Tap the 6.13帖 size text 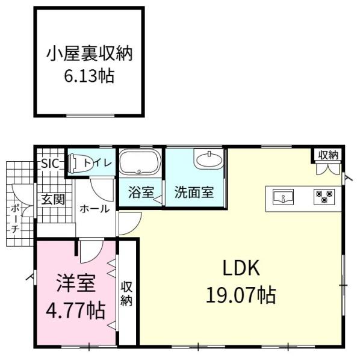point(89,76)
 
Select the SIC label point(49,163)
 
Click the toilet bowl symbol point(75,162)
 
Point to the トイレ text point(97,162)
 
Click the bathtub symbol point(140,163)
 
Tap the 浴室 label point(141,193)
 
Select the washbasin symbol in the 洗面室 point(208,160)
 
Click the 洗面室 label point(194,193)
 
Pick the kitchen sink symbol point(282,196)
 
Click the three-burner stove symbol point(324,196)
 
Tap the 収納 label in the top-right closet point(329,155)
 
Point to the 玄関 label point(53,200)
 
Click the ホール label point(95,209)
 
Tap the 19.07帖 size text point(241,295)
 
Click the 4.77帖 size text point(76,311)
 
